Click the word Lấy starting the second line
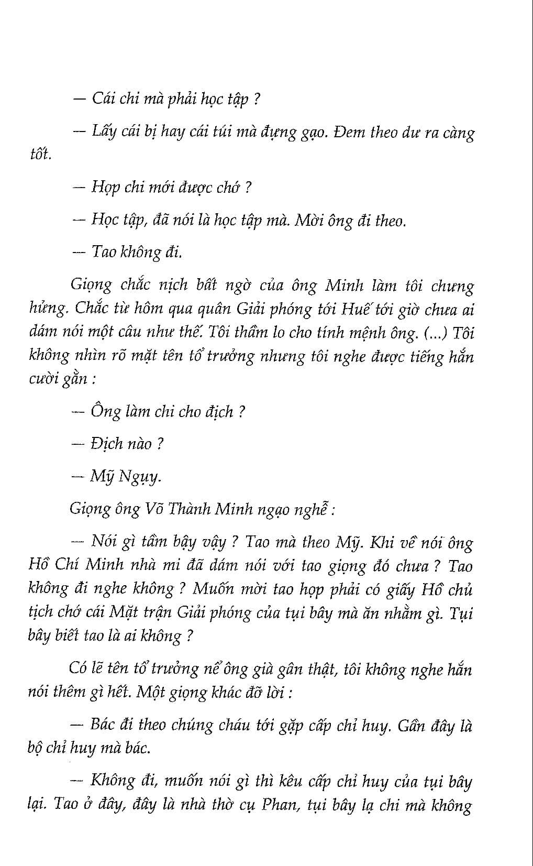(103, 131)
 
